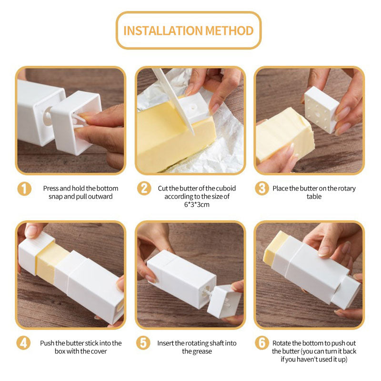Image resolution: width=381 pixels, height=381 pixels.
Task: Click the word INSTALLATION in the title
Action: click(x=163, y=31)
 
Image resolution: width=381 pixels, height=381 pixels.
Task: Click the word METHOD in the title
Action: click(x=230, y=31)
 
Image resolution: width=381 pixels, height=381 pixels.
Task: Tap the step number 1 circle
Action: click(x=24, y=189)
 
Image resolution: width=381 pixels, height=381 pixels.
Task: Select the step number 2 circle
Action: click(x=144, y=188)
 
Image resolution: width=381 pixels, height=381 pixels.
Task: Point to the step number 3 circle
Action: click(x=261, y=188)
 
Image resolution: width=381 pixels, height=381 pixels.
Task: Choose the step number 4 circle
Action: click(x=23, y=343)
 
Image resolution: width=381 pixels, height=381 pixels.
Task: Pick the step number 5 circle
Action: click(x=143, y=343)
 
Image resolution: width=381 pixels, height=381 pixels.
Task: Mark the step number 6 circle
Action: click(x=261, y=343)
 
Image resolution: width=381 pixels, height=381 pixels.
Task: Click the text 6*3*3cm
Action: click(x=197, y=205)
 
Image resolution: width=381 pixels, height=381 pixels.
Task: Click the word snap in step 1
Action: click(x=55, y=197)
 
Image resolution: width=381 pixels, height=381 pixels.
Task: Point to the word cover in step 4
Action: click(x=99, y=351)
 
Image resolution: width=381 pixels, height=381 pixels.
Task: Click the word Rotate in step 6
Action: click(x=281, y=343)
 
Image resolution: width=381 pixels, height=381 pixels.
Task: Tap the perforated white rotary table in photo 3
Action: click(x=321, y=110)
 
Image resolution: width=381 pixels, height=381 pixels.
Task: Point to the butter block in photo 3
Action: click(x=285, y=135)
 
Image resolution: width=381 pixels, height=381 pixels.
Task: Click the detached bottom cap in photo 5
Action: click(x=224, y=301)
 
